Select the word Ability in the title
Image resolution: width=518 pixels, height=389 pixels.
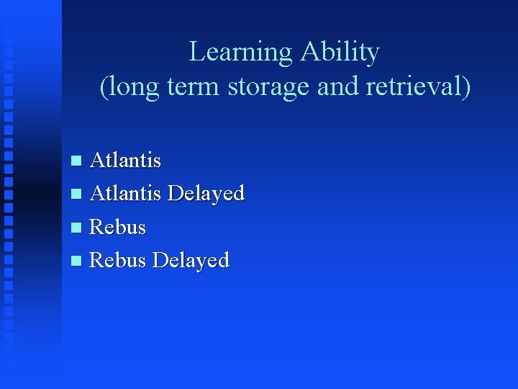pyautogui.click(x=340, y=53)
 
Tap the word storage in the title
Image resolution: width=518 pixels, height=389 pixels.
pyautogui.click(x=270, y=87)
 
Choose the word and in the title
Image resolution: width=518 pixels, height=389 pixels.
pyautogui.click(x=339, y=87)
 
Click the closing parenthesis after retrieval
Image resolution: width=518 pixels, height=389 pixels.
pyautogui.click(x=466, y=87)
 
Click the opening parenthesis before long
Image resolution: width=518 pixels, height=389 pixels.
pyautogui.click(x=104, y=87)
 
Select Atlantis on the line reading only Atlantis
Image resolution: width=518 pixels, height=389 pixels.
pyautogui.click(x=125, y=160)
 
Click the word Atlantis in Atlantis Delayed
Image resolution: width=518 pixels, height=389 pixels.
pyautogui.click(x=125, y=193)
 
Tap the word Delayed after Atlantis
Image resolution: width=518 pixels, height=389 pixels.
pyautogui.click(x=206, y=194)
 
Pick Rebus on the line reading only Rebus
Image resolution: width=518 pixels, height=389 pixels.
pyautogui.click(x=117, y=227)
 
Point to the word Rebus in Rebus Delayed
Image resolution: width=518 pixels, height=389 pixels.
pyautogui.click(x=117, y=260)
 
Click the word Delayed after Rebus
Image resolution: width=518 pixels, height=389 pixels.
pyautogui.click(x=191, y=261)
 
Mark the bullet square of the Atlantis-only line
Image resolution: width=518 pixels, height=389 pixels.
pyautogui.click(x=78, y=161)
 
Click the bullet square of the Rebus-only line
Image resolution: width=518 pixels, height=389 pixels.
pyautogui.click(x=78, y=228)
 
